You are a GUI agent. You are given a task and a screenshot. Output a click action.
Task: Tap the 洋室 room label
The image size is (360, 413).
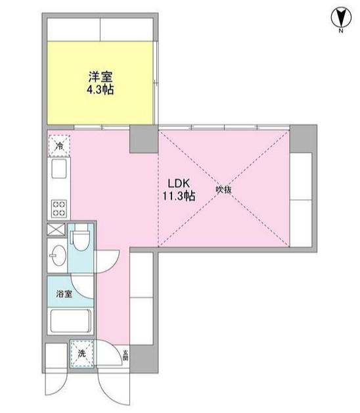(x=100, y=76)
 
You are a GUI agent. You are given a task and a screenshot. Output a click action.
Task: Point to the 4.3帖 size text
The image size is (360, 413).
(x=100, y=89)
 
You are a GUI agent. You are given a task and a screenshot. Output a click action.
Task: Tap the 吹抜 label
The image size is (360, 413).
(x=224, y=190)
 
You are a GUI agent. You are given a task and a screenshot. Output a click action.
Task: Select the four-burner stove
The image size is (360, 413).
(x=58, y=208)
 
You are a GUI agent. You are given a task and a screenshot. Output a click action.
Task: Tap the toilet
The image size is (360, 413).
(x=81, y=240)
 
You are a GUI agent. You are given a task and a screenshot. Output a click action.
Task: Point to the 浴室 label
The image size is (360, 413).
(x=63, y=293)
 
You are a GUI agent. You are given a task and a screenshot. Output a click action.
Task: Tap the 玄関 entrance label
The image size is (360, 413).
(x=124, y=357)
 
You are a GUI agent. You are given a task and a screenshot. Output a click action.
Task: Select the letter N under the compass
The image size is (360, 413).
(x=341, y=31)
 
